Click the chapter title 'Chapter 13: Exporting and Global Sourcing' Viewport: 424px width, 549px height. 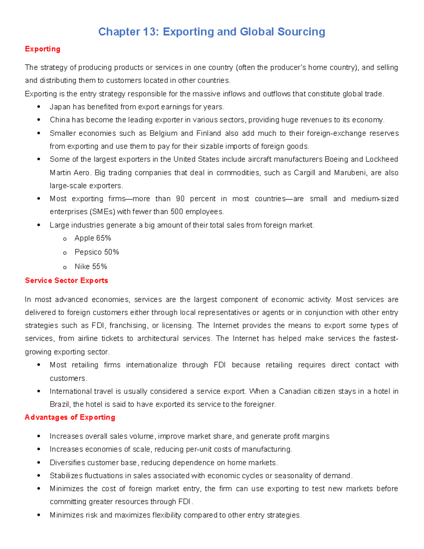211,32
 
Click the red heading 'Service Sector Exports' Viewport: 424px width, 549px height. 66,281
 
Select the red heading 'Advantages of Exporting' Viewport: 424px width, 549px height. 70,417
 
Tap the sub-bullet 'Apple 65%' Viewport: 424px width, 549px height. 93,238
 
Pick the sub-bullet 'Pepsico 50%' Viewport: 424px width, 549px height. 96,252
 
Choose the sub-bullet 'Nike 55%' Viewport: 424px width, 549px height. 90,267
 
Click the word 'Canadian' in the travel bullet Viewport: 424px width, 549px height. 293,391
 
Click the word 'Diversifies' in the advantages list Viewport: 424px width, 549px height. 67,463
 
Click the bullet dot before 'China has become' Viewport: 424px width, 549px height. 39,120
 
